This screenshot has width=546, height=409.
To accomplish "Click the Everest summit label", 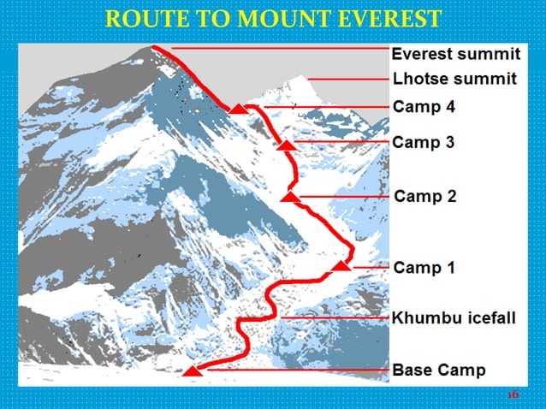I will (455, 54).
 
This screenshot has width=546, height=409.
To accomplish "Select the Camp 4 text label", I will (424, 107).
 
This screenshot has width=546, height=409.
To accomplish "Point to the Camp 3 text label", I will (424, 142).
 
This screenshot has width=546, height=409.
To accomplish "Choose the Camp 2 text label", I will (425, 196).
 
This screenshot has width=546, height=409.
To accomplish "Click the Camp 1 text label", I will (424, 268).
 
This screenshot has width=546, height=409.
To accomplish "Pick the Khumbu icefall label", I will (454, 318).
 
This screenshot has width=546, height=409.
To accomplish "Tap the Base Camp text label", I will (439, 370).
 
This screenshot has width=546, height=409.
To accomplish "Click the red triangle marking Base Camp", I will (193, 371).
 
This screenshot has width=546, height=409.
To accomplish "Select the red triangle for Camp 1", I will (341, 267).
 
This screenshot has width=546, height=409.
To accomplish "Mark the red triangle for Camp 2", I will (290, 198).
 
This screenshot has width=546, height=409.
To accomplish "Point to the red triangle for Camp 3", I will (288, 145).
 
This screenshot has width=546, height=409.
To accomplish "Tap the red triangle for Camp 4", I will (240, 109).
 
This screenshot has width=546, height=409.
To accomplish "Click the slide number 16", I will (513, 394).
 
